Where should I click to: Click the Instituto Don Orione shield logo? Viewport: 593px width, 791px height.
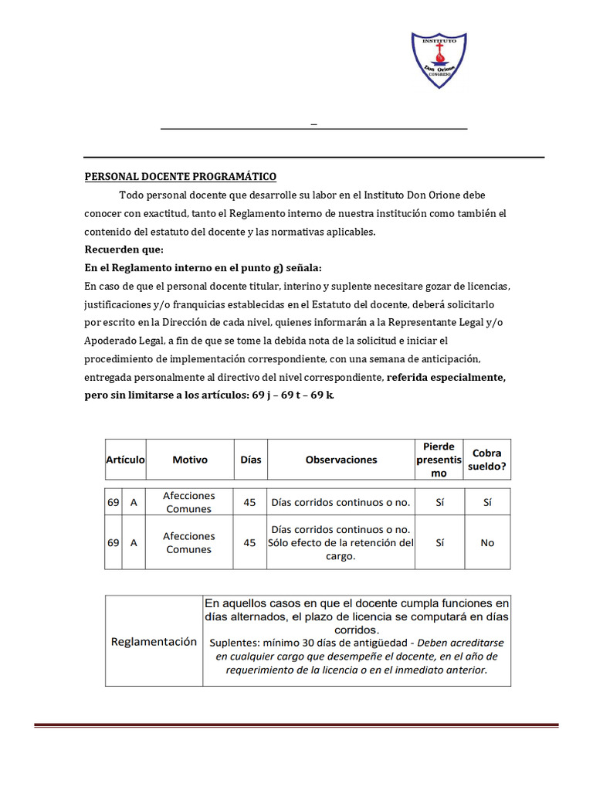tap(439, 59)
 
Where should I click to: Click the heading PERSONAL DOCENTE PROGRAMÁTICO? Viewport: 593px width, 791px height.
tap(180, 177)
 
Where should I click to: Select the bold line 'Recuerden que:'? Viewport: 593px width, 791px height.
tap(124, 250)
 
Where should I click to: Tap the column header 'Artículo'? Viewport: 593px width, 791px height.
tap(125, 460)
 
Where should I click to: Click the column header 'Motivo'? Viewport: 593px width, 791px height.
tap(190, 460)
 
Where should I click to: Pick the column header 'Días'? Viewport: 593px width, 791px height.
tap(251, 460)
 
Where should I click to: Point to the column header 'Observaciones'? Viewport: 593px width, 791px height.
tap(341, 460)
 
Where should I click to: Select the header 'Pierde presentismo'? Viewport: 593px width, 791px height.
tap(439, 460)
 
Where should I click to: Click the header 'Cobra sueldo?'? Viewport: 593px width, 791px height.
tap(487, 460)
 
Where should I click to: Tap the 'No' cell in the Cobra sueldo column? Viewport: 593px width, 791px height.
tap(487, 543)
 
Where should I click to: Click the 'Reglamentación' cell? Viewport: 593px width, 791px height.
tap(154, 642)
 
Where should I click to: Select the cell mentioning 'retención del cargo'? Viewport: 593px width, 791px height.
tap(341, 543)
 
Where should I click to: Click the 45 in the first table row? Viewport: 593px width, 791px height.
tap(249, 502)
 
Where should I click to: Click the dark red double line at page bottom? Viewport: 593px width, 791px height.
tap(296, 725)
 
